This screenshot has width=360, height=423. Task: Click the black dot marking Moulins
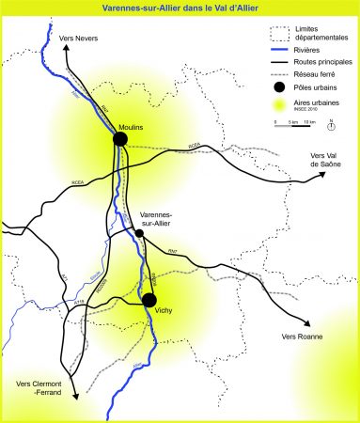(120, 139)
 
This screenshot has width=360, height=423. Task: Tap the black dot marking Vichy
(149, 300)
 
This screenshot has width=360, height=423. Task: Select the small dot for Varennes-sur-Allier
(139, 232)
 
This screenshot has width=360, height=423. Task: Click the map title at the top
(180, 8)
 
